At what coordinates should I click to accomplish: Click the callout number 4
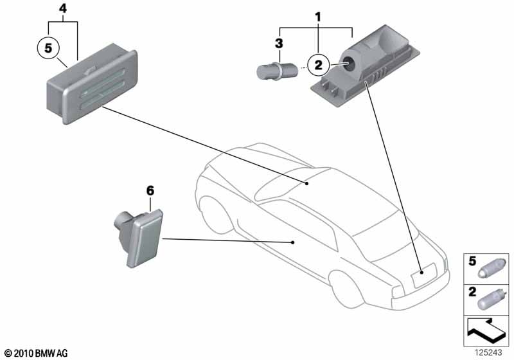coord(62,8)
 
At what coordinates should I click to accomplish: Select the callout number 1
coord(316,14)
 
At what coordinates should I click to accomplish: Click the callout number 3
coord(279,43)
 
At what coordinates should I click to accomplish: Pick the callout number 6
coord(150,190)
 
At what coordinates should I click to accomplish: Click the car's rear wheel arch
coord(347,283)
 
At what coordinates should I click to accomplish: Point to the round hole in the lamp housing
coord(348,63)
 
